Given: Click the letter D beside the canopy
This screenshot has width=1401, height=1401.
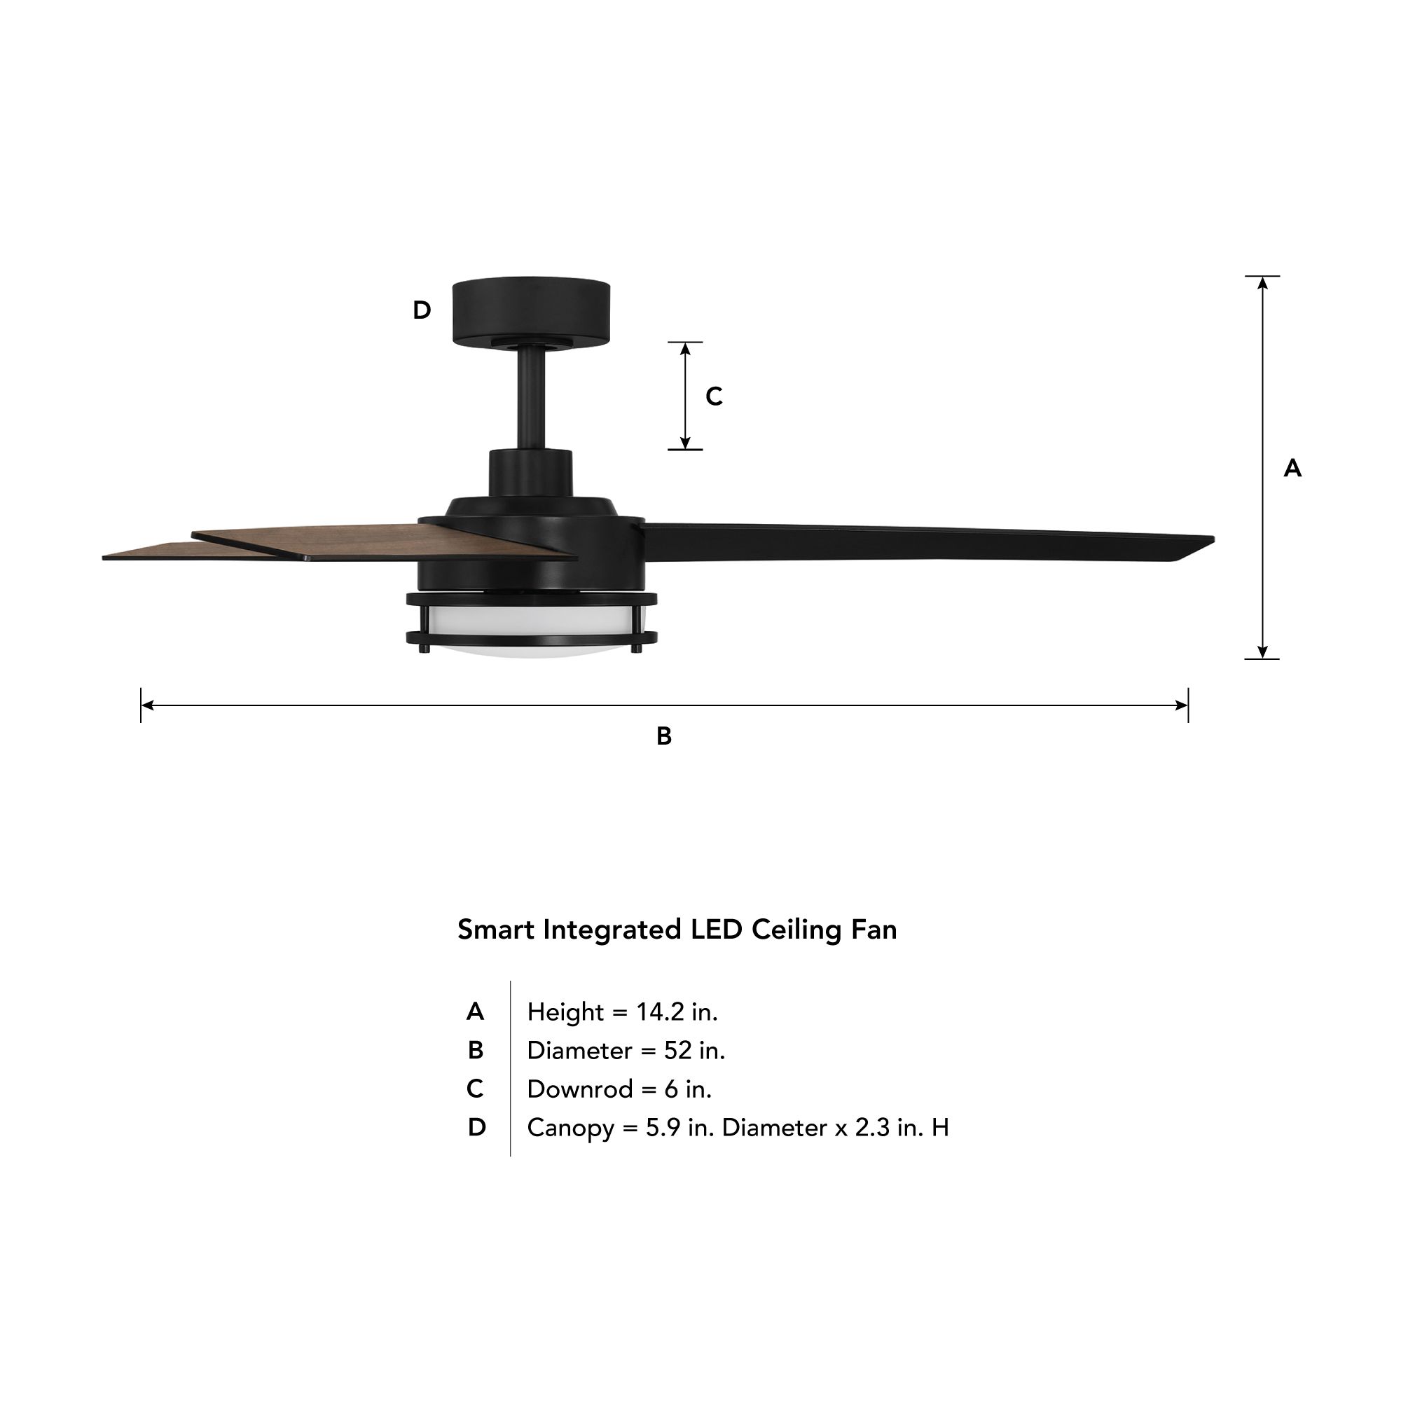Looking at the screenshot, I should pyautogui.click(x=422, y=310).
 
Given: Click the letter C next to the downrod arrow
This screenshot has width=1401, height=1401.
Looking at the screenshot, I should pyautogui.click(x=715, y=396).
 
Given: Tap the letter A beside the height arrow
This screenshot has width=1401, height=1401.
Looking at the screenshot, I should pyautogui.click(x=1292, y=469).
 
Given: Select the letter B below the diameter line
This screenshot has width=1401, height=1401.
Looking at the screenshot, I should pyautogui.click(x=663, y=736).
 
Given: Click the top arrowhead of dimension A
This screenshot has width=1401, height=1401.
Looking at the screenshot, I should pyautogui.click(x=1262, y=283).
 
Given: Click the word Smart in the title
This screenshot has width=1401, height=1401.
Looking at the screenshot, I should pyautogui.click(x=497, y=930).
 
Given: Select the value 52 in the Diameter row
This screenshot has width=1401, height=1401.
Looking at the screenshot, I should pyautogui.click(x=677, y=1050).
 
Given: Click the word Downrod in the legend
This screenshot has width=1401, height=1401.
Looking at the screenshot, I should pyautogui.click(x=580, y=1089).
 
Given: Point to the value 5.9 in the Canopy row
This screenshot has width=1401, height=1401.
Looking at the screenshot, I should pyautogui.click(x=663, y=1128).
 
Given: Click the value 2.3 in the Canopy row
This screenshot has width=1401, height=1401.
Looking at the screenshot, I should pyautogui.click(x=871, y=1128).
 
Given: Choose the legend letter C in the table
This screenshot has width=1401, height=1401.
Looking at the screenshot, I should pyautogui.click(x=475, y=1089).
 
